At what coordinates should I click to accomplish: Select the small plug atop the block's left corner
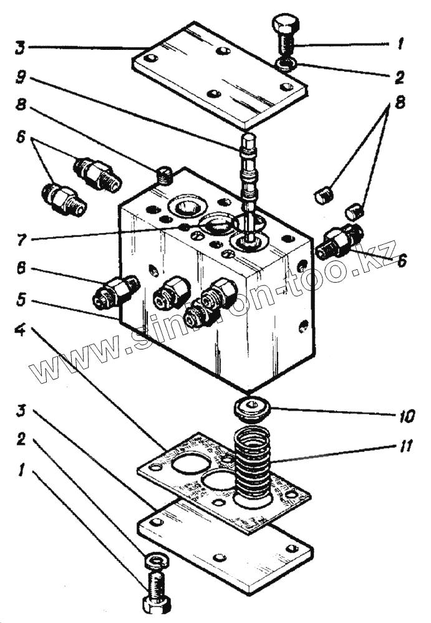point(163,176)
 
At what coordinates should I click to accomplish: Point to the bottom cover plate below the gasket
point(225,548)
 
